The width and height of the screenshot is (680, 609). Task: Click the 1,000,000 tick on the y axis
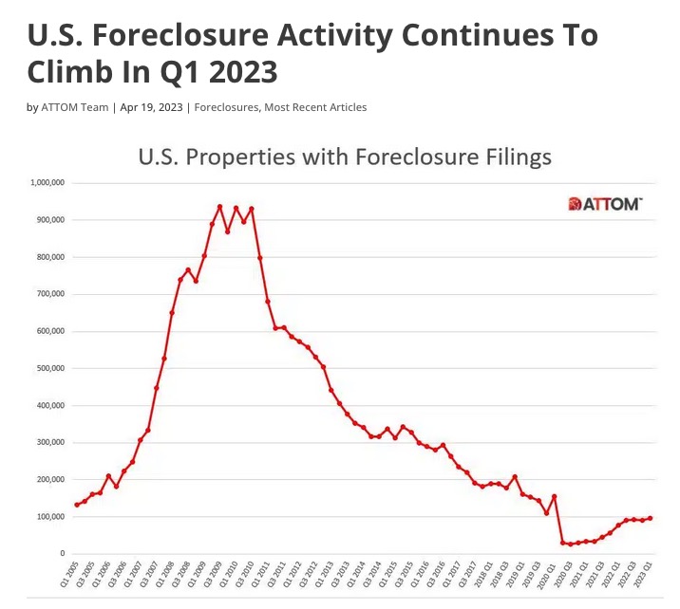47,182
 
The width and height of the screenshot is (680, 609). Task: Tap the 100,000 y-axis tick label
49,517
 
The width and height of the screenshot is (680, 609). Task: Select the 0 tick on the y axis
62,554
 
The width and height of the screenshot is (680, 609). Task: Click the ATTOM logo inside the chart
605,204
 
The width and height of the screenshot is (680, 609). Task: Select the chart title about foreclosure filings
345,157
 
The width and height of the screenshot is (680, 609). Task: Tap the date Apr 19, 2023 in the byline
150,107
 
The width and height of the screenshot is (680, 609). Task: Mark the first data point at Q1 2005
76,505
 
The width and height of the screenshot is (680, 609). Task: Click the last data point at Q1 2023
650,518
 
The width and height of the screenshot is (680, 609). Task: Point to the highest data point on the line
219,206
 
